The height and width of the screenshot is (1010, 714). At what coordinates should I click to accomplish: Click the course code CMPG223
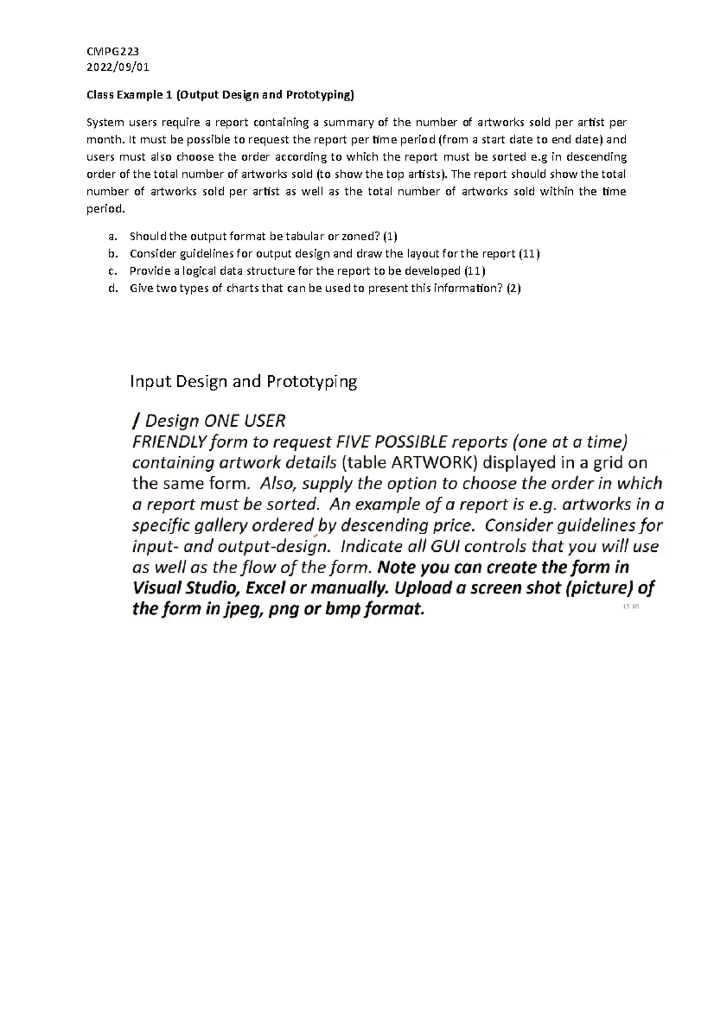click(112, 52)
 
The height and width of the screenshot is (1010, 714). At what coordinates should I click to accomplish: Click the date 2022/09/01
click(118, 67)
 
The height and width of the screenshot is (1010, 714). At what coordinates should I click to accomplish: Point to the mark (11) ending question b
click(529, 254)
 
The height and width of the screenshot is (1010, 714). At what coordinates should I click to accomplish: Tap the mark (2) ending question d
click(513, 288)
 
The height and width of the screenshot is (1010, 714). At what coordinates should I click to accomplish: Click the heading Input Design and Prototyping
click(243, 381)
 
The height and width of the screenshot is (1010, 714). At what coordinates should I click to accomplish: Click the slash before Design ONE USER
click(136, 421)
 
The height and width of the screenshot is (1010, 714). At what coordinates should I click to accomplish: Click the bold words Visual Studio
click(186, 588)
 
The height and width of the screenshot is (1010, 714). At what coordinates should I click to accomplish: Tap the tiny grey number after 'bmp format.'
click(631, 607)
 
